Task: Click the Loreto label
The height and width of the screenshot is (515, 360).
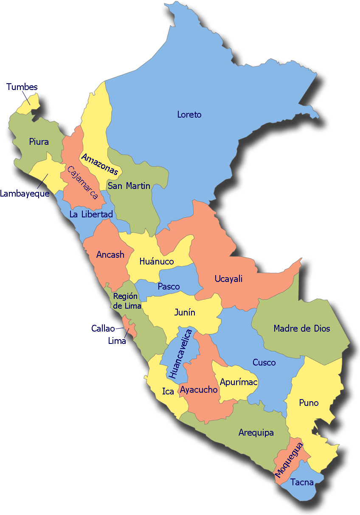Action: coord(189,115)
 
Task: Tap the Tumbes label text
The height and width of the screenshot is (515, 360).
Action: coord(22,87)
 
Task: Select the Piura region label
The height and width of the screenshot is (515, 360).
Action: coord(39,142)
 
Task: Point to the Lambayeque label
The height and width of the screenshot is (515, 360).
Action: coord(25,194)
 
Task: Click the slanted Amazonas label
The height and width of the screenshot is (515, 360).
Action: coord(100,164)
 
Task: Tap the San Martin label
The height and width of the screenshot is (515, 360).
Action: coord(129,186)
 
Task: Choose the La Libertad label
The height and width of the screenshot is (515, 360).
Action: coord(91,214)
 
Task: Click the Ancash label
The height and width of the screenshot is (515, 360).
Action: coord(110,255)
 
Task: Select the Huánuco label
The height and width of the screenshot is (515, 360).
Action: coord(157,262)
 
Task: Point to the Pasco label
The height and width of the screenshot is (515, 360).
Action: coord(169,287)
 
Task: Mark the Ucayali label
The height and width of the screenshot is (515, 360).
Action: coord(228,279)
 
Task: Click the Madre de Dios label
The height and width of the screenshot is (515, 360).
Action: coord(302,328)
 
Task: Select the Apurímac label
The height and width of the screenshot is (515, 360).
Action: coord(239,382)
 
